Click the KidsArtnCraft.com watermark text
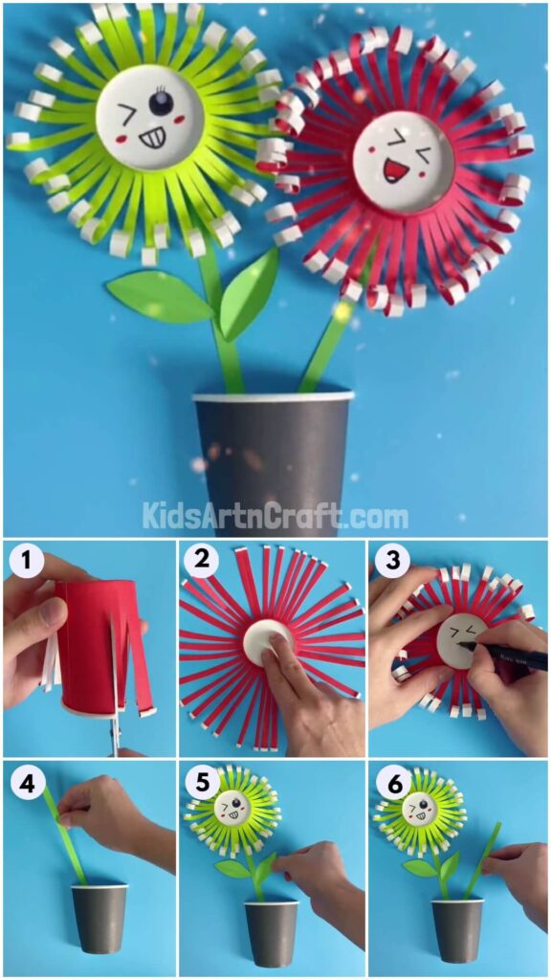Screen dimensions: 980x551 click(x=275, y=517)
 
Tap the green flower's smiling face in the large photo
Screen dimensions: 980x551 click(x=150, y=118)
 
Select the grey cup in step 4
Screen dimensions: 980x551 click(x=99, y=917)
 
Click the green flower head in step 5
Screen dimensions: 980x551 click(x=231, y=813)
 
